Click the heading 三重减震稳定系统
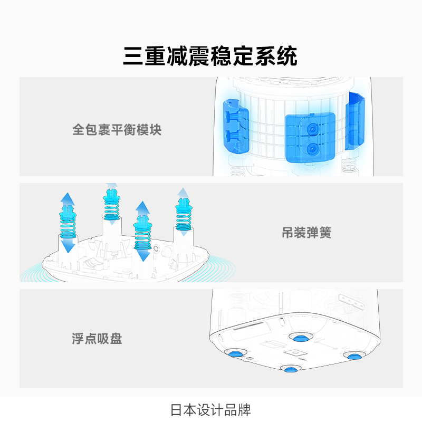[x=210, y=55]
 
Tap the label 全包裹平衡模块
[x=117, y=129]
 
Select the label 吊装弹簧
[x=306, y=233]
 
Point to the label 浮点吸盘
[x=97, y=339]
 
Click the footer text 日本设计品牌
[x=210, y=410]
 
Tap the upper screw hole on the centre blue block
[x=311, y=128]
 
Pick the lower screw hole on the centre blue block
[x=311, y=149]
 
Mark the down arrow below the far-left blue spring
[x=68, y=246]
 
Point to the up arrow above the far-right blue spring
[x=183, y=193]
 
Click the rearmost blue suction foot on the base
[x=299, y=336]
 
